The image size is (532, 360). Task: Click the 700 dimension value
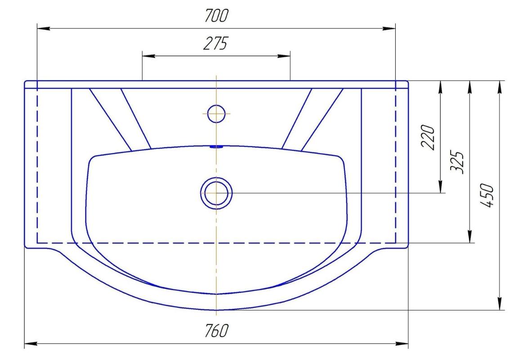pyautogui.click(x=217, y=16)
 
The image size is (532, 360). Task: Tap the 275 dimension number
pyautogui.click(x=216, y=44)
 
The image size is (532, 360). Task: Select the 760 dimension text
pyautogui.click(x=217, y=330)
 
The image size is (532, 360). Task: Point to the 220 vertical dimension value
pyautogui.click(x=428, y=137)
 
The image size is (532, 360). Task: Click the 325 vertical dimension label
pyautogui.click(x=457, y=162)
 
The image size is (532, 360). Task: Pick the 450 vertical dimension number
pyautogui.click(x=487, y=195)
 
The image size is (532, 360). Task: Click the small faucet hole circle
pyautogui.click(x=216, y=113)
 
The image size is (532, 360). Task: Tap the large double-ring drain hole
pyautogui.click(x=216, y=193)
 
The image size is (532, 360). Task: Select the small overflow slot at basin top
pyautogui.click(x=216, y=147)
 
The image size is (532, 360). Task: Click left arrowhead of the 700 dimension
pyautogui.click(x=44, y=28)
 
